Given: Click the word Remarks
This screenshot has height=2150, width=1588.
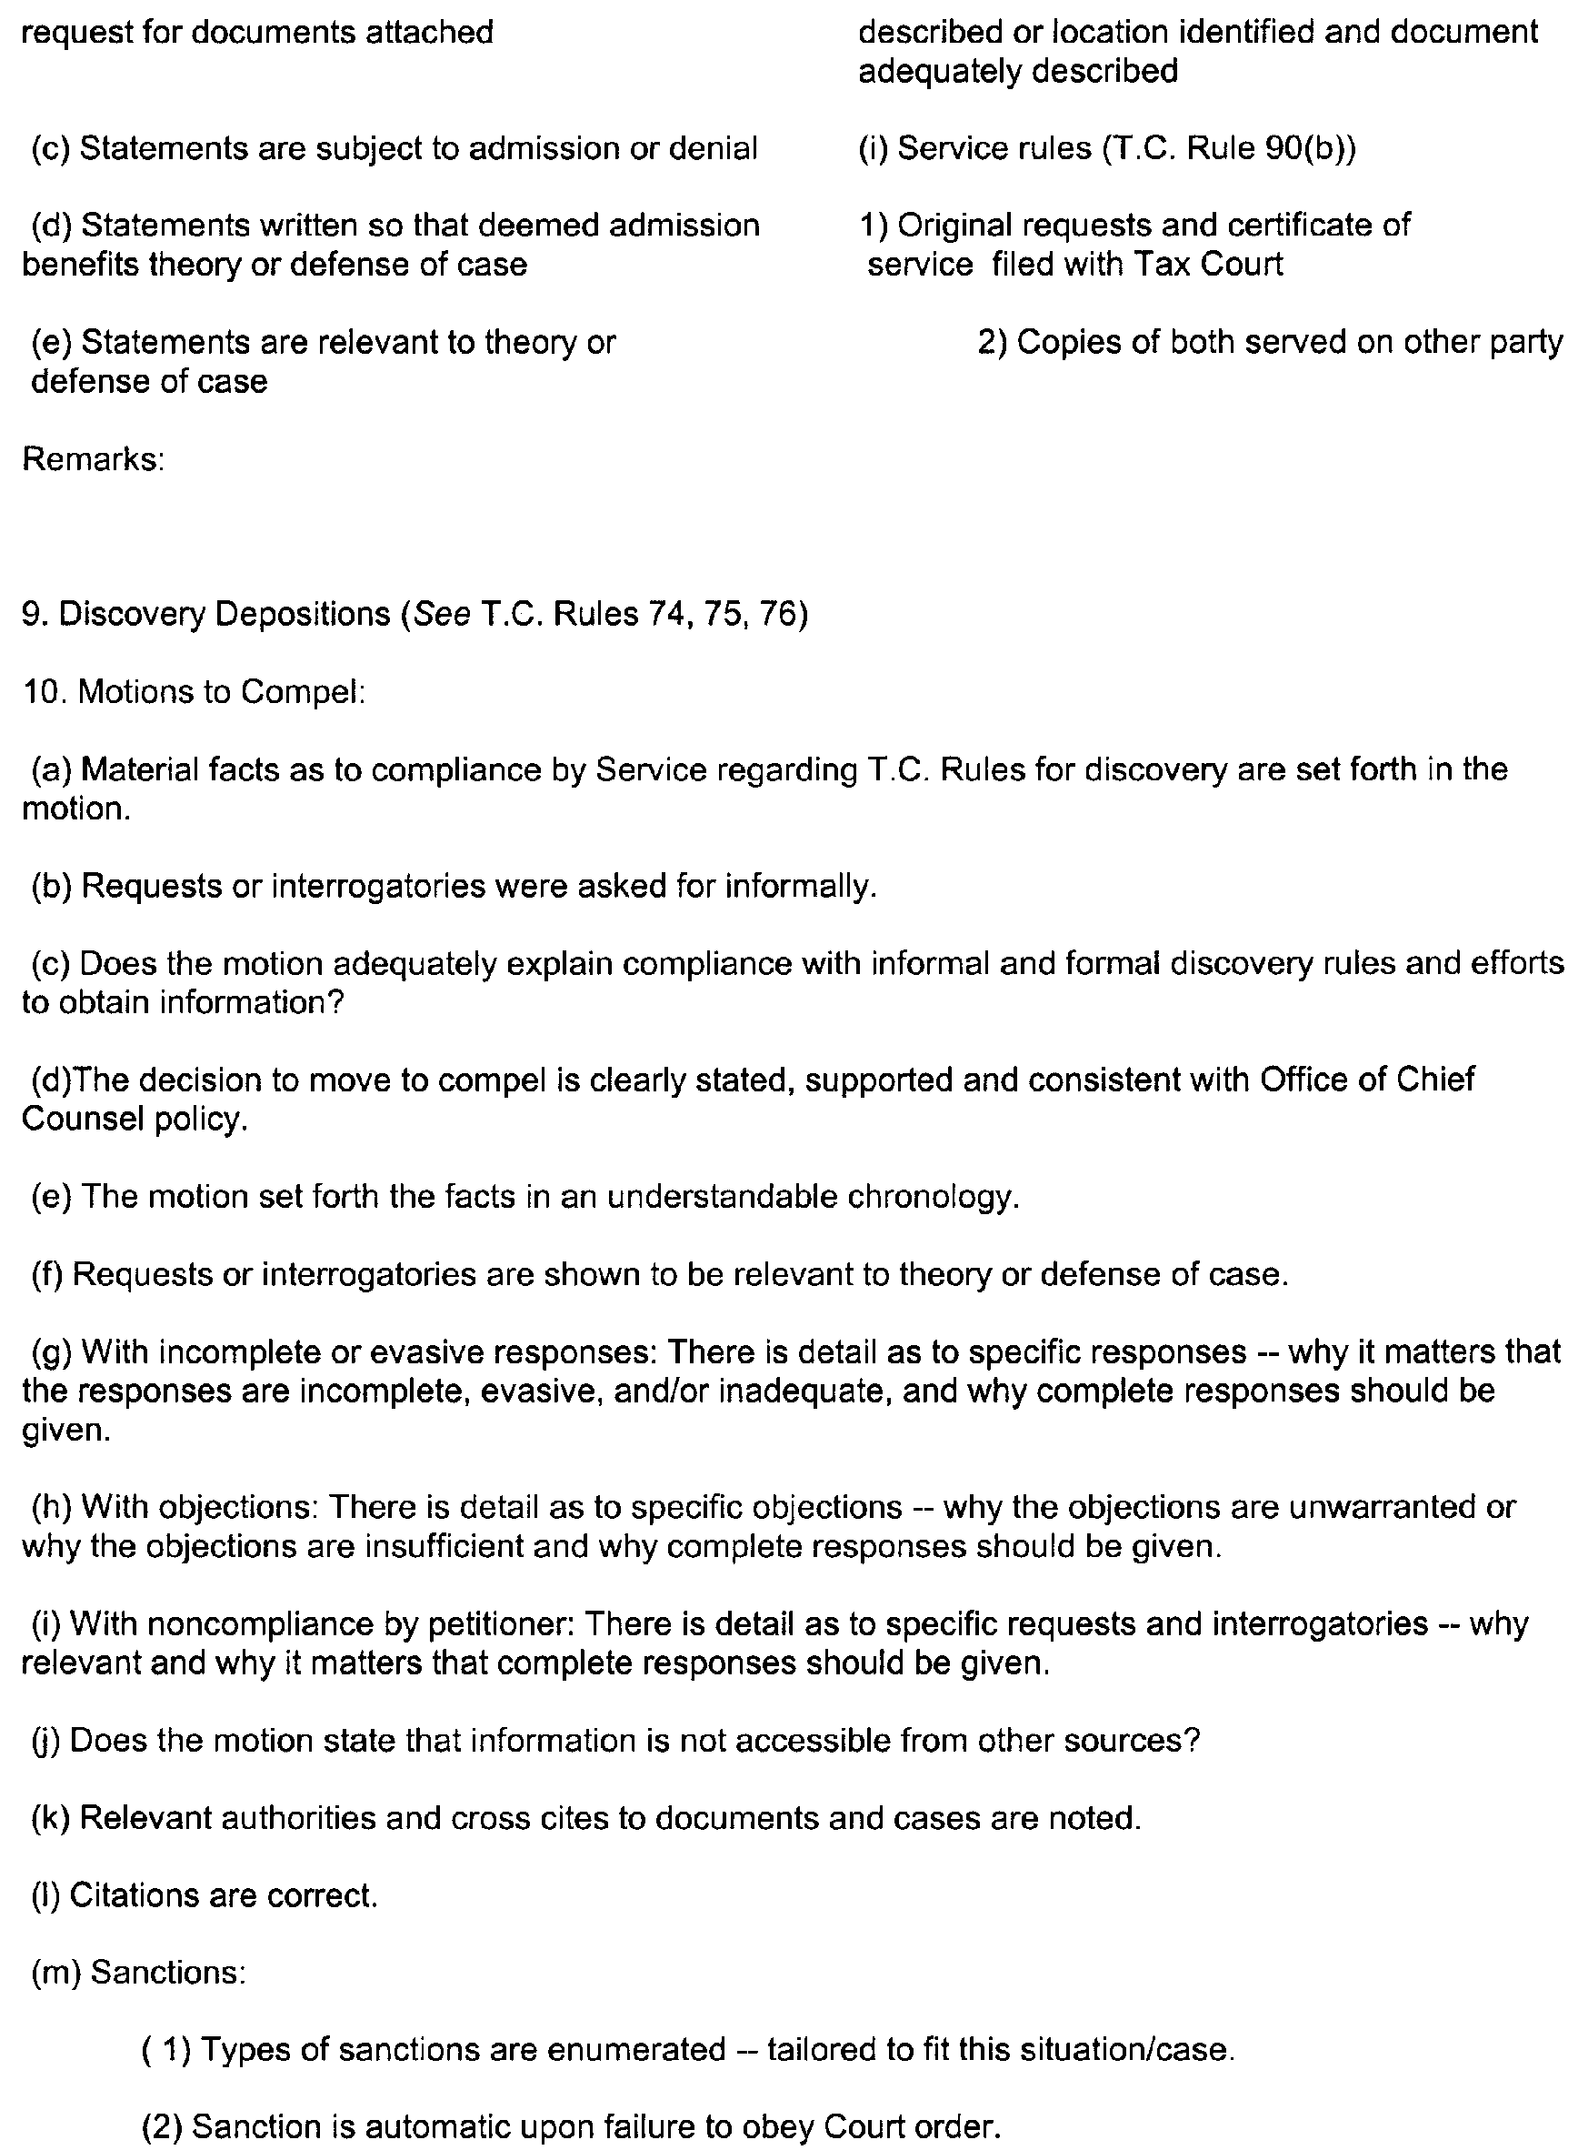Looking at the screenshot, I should (90, 459).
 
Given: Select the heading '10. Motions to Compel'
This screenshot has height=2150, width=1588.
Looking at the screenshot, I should (194, 692).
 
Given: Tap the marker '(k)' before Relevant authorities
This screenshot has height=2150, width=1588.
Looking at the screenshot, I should (49, 1818).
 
